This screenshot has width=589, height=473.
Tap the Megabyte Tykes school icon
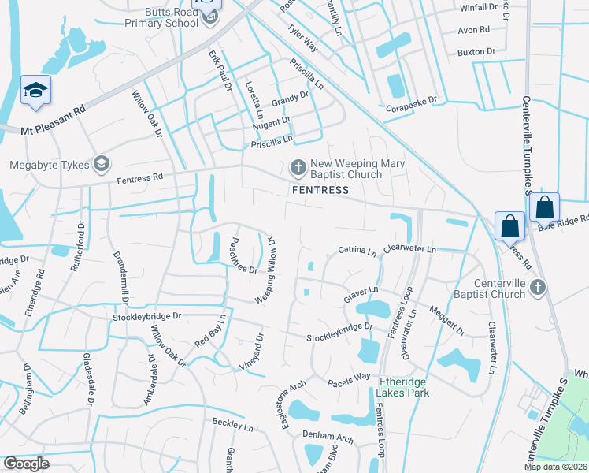[101, 164]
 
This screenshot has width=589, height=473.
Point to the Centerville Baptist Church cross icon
[538, 286]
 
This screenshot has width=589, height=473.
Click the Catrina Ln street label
[357, 251]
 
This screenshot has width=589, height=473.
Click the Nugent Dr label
[271, 123]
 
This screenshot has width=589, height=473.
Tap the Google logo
[25, 464]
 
